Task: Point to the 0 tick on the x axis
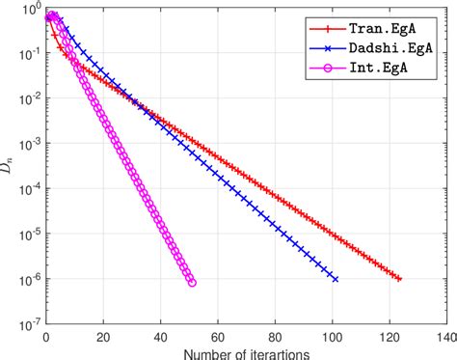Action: pyautogui.click(x=46, y=338)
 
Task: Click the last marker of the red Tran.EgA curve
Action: pyautogui.click(x=399, y=279)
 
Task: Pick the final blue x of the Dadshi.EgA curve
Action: pyautogui.click(x=335, y=279)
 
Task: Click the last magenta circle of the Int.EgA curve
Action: pyautogui.click(x=192, y=282)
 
